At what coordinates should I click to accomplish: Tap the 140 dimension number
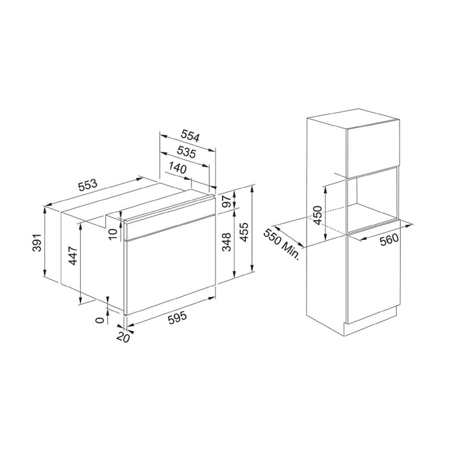point(178,168)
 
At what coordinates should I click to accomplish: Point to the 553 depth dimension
point(87,185)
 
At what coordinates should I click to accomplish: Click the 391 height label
point(36,243)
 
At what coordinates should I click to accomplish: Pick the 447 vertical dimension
point(73,255)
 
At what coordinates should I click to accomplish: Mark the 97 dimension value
point(226,201)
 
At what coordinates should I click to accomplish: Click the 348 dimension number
point(226,242)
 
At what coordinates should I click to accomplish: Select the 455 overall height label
point(244,232)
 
